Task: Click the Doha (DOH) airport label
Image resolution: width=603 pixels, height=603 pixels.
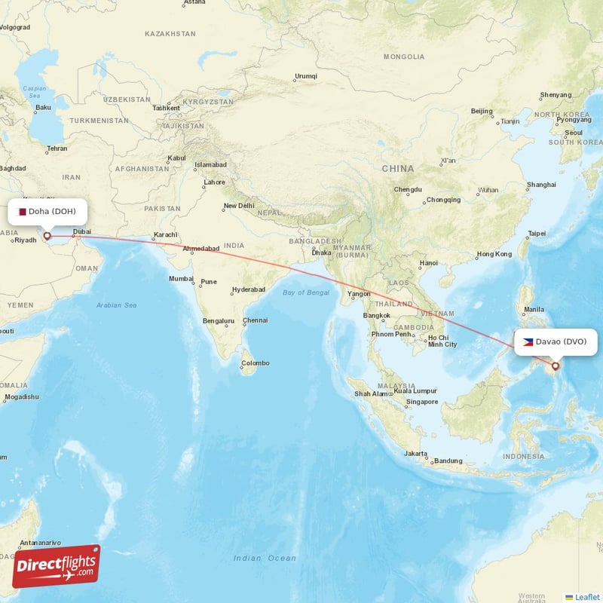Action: point(53,212)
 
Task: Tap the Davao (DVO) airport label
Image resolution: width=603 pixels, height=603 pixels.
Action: point(561,341)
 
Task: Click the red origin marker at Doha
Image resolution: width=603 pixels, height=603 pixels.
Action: point(47,236)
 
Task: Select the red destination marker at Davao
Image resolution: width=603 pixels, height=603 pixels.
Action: point(556,366)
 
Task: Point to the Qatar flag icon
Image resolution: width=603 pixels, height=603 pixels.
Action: point(23,212)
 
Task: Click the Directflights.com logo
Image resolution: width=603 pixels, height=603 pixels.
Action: point(57,565)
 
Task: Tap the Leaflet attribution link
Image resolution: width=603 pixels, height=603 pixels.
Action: point(586,597)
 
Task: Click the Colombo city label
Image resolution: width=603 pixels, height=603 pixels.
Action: point(255,363)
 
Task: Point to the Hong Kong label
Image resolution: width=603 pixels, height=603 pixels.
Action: point(494,254)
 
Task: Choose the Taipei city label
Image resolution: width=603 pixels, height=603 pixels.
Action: point(537,234)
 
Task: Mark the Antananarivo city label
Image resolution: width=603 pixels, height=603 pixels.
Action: point(41,543)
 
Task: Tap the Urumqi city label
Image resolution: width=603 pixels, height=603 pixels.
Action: point(306,76)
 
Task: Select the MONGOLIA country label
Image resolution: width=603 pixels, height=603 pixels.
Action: point(404,57)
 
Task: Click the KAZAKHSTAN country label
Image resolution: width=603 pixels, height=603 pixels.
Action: point(170,34)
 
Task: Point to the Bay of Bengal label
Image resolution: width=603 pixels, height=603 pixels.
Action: point(305,292)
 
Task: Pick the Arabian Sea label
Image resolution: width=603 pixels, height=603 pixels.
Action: point(116,305)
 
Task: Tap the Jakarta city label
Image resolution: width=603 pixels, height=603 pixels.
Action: point(416,454)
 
